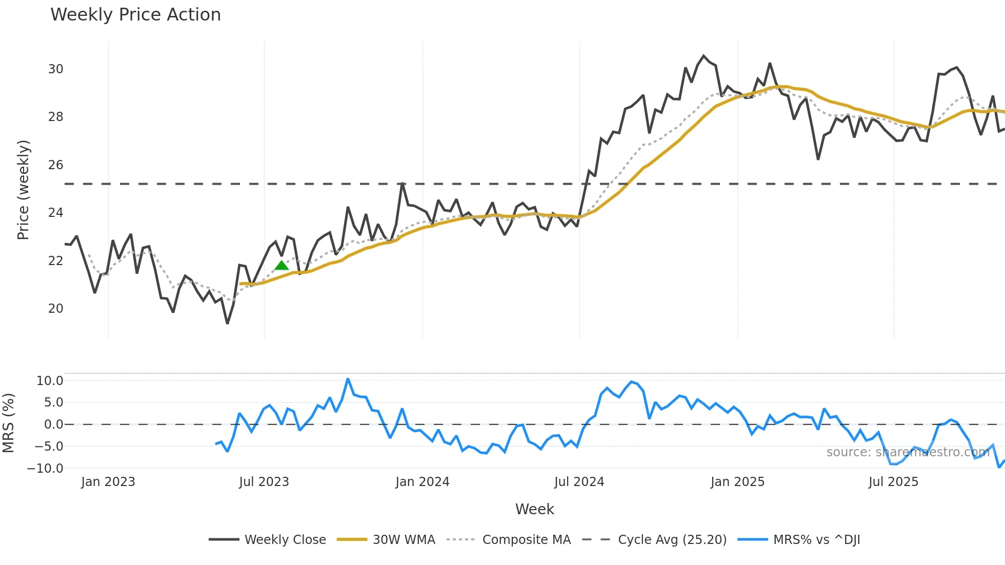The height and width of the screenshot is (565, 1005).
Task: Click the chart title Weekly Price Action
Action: coord(135,15)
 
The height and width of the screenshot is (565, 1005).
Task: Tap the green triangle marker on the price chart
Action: coord(282,265)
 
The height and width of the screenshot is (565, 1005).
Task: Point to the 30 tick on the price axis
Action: coord(56,69)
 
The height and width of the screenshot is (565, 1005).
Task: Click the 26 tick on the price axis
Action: coord(56,165)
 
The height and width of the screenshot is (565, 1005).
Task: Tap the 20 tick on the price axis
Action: coord(56,309)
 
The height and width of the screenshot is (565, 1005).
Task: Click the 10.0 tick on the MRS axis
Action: coord(50,381)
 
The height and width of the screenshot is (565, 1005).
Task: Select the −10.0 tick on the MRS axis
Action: coord(45,469)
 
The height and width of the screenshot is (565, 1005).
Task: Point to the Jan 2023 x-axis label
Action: coord(108,482)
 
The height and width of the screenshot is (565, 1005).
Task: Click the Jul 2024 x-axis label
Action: coord(579,482)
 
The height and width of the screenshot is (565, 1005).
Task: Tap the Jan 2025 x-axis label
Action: coord(737,482)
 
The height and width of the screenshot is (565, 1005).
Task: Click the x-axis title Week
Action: coord(534,509)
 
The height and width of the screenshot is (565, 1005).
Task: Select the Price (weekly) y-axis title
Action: coord(23,190)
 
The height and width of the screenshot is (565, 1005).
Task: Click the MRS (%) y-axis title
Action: coord(8,423)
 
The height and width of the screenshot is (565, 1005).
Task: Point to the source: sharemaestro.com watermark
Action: coord(908,452)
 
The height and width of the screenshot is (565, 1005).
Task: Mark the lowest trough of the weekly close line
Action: coord(227,323)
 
